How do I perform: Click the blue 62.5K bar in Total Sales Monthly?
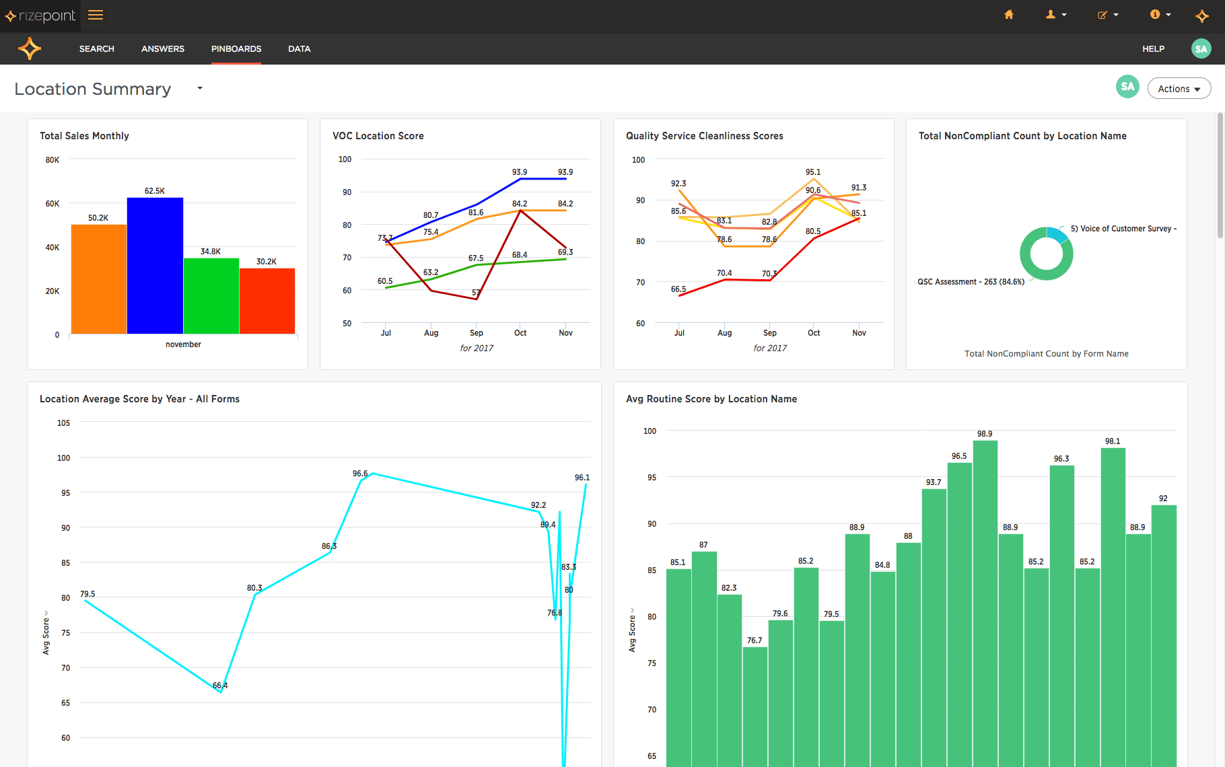tap(155, 266)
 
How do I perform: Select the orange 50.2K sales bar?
tap(98, 279)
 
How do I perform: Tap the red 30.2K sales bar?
tap(267, 301)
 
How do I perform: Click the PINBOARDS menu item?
tap(236, 49)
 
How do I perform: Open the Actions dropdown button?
tap(1179, 89)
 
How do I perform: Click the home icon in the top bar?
tap(1008, 15)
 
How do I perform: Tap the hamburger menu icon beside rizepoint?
tap(96, 15)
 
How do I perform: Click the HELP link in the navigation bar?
tap(1153, 49)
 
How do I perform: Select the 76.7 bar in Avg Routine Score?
tap(755, 706)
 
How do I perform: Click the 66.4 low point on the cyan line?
tap(221, 691)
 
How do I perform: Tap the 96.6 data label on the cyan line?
tap(360, 474)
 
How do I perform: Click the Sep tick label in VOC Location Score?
tap(476, 333)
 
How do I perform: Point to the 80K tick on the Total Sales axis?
tap(53, 160)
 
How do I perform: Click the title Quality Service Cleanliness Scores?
tap(704, 136)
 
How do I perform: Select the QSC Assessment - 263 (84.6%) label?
tap(971, 282)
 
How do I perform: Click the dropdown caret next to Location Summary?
tap(200, 88)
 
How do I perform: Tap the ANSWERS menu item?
tap(163, 49)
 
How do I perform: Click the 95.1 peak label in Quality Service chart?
tap(812, 172)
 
